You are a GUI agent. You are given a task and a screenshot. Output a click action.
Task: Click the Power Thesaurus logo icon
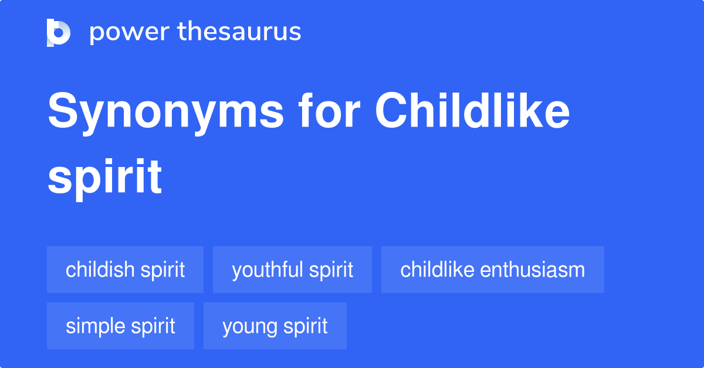pos(59,32)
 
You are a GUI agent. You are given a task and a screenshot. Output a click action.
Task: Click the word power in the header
pos(127,32)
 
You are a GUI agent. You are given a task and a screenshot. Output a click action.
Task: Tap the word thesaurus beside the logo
pos(239,32)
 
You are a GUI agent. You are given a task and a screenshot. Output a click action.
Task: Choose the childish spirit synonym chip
pos(125,270)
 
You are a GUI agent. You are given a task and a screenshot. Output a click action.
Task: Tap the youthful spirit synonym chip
pos(292,270)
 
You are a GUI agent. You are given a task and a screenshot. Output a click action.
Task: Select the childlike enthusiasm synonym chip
pos(492,270)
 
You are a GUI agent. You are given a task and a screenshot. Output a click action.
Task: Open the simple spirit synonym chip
pos(120,326)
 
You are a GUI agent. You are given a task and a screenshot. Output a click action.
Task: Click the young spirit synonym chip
pos(275,326)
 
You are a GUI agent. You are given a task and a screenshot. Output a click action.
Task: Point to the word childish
pos(99,270)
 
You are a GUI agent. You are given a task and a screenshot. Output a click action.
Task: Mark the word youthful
pos(266,270)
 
